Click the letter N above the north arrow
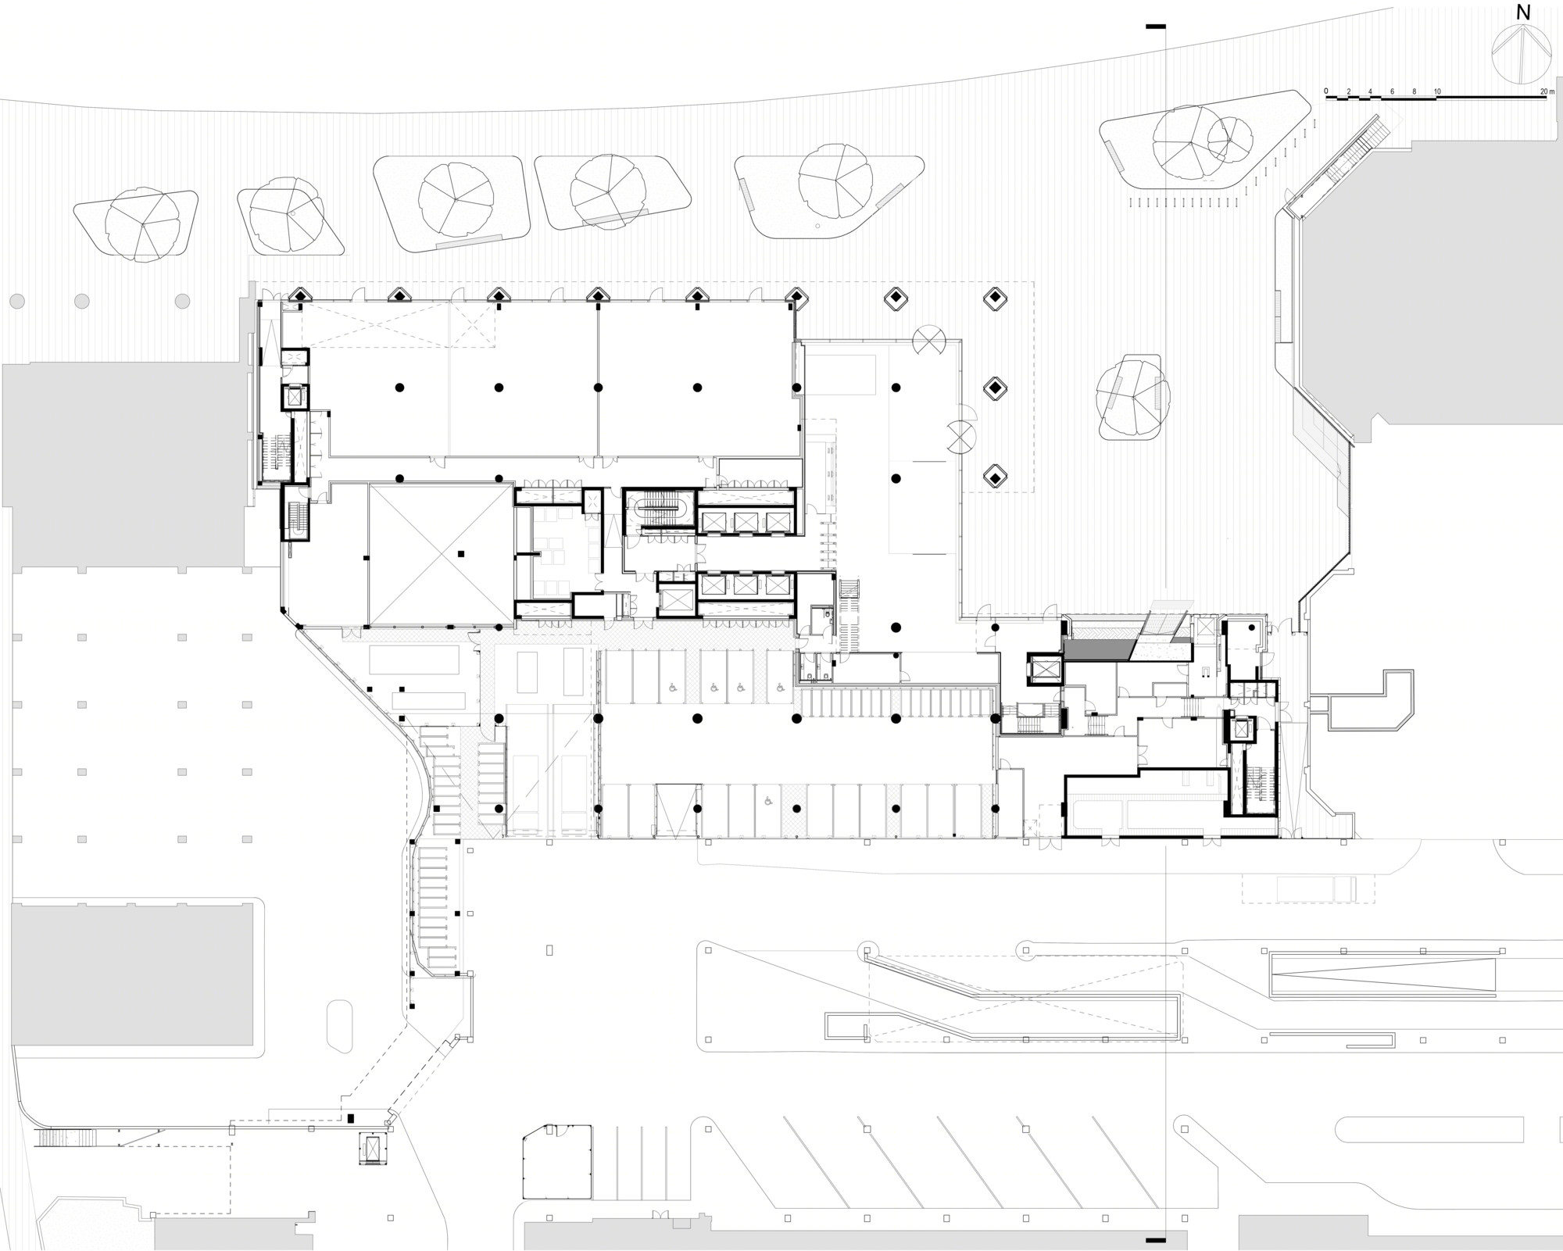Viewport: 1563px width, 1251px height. (x=1522, y=13)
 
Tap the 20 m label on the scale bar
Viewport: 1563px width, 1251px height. (x=1542, y=91)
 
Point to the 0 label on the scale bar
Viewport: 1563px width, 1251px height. (x=1325, y=91)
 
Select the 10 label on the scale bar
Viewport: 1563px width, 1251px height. (x=1436, y=91)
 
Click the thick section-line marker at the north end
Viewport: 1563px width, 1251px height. (x=1155, y=27)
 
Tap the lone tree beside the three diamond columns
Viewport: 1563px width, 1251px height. (x=1132, y=396)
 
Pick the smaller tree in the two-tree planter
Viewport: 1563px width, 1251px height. (x=1229, y=139)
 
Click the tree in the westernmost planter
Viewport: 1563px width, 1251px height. (x=144, y=224)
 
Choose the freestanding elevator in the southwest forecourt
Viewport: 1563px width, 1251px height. (x=373, y=1148)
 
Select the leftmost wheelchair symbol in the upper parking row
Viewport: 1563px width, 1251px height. (x=671, y=688)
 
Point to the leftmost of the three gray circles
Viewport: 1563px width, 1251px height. (x=16, y=301)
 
